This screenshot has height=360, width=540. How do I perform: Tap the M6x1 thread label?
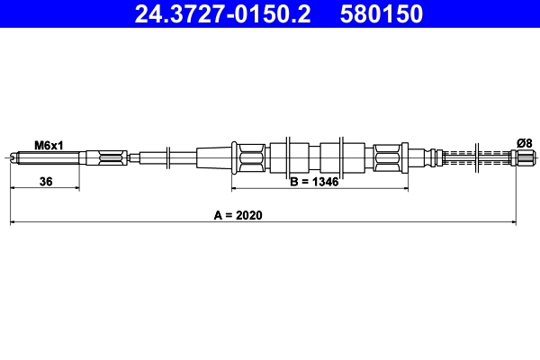(x=49, y=144)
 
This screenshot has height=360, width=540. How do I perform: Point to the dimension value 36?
(x=46, y=182)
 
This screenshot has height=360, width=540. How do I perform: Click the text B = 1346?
(x=314, y=182)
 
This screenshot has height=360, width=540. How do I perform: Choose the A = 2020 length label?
(x=244, y=216)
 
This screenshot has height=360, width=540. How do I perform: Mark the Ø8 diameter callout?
(x=524, y=142)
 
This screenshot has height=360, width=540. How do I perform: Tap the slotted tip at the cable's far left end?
(x=13, y=159)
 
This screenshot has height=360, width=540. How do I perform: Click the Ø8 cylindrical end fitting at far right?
(x=522, y=159)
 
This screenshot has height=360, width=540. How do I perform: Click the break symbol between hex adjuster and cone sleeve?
(x=166, y=159)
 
